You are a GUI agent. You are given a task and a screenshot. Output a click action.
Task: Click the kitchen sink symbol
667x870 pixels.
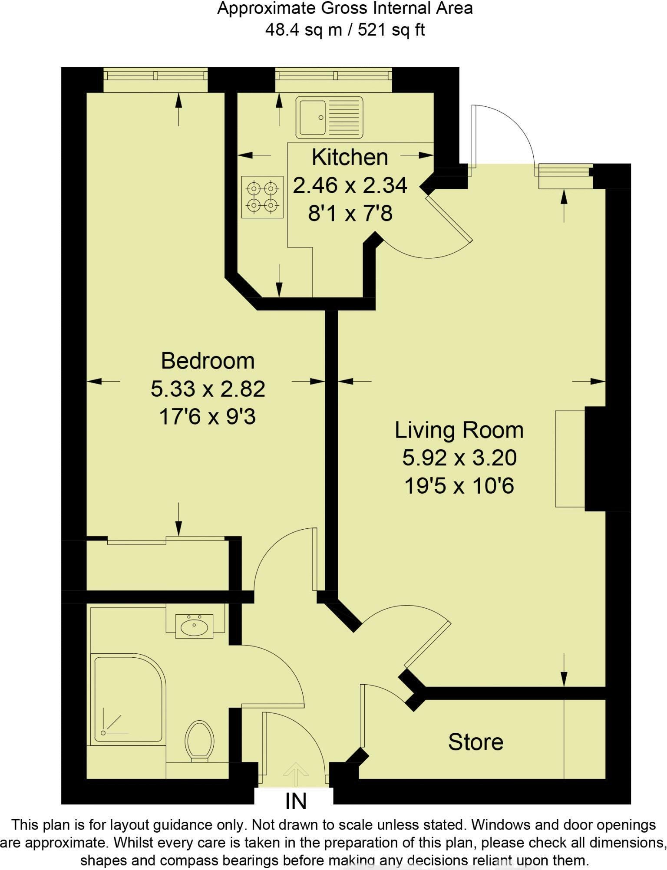329,117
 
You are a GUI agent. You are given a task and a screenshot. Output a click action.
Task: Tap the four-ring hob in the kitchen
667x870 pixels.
262,197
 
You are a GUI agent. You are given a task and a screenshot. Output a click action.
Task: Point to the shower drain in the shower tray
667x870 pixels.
103,733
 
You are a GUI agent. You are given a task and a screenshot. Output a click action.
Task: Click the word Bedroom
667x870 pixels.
208,361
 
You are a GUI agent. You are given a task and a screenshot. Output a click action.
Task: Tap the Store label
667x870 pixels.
475,742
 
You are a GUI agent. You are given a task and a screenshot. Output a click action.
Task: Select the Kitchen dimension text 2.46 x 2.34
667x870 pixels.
350,185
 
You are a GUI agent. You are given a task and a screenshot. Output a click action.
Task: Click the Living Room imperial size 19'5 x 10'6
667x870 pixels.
459,486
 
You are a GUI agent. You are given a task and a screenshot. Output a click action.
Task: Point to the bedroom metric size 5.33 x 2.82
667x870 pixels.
208,389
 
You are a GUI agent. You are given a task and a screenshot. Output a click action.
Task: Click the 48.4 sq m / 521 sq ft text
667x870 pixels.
345,30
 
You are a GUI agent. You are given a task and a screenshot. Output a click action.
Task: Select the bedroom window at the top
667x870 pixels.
155,76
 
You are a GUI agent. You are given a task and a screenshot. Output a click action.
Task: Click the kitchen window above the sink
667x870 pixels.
333,76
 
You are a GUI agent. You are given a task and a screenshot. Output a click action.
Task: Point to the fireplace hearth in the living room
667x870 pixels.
570,458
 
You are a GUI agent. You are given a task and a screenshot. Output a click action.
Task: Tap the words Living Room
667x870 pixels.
459,430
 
